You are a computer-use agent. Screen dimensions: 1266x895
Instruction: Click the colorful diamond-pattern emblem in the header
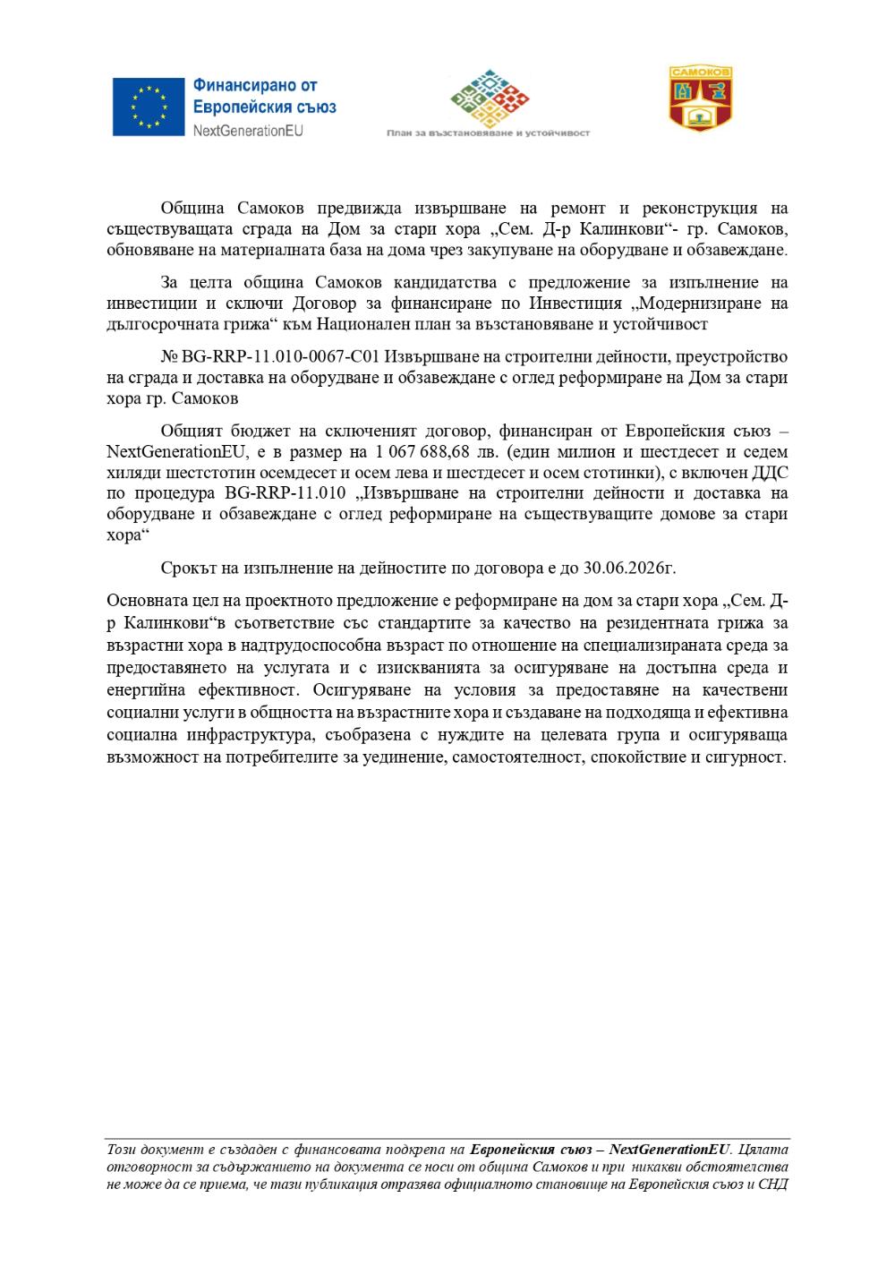click(x=488, y=96)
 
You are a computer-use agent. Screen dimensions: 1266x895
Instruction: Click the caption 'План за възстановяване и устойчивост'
click(x=488, y=133)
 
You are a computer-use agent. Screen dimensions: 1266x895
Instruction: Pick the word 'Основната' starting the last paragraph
click(x=143, y=600)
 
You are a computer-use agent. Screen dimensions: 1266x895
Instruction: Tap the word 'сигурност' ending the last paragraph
click(x=751, y=757)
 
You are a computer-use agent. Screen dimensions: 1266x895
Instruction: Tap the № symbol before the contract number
click(x=170, y=356)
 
